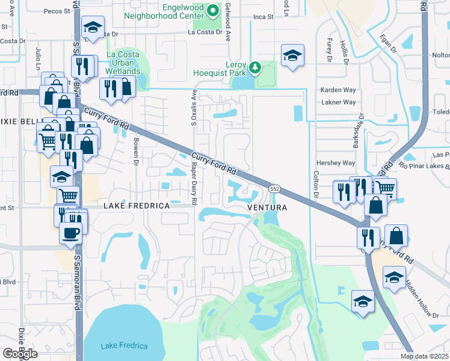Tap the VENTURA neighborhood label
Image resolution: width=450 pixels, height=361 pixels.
click(x=265, y=208)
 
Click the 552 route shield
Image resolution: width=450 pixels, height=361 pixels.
click(x=274, y=189)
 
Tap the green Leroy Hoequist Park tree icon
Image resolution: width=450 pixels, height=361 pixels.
click(x=255, y=67)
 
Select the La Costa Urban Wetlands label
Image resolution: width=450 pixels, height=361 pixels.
click(x=123, y=63)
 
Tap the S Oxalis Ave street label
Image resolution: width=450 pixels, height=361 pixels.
click(x=194, y=108)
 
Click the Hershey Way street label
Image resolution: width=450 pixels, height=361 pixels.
click(x=336, y=163)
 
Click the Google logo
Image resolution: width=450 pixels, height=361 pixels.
click(x=20, y=354)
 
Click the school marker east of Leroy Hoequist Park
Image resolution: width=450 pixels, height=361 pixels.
click(x=293, y=55)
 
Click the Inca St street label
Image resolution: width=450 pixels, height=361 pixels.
click(x=263, y=18)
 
